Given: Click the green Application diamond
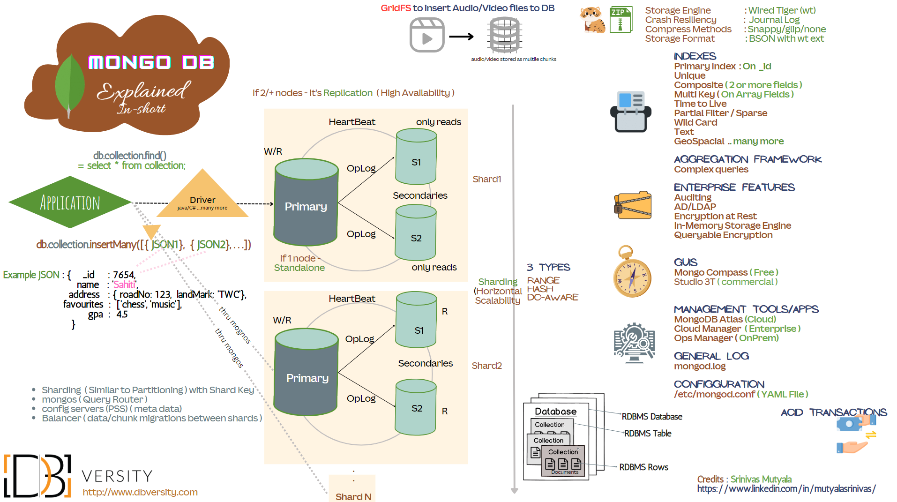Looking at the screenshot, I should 70,202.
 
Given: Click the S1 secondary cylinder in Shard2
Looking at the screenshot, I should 417,320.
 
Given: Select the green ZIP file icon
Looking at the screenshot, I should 620,19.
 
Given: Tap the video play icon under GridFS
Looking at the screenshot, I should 427,35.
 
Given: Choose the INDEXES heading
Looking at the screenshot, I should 695,56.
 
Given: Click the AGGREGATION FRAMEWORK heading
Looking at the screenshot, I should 747,159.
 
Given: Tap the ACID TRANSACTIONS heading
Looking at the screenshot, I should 834,412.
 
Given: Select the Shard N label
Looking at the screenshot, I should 353,496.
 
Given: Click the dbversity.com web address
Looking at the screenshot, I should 140,492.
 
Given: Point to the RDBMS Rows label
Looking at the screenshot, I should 643,467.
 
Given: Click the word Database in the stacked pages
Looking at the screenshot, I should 555,412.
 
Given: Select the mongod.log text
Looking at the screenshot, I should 700,366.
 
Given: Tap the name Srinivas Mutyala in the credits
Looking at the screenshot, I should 761,479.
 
